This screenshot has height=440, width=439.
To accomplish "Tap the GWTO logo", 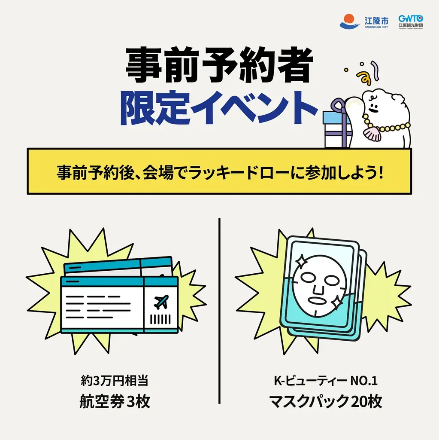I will [x=410, y=21].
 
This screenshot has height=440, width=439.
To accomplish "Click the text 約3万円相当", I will [x=115, y=381].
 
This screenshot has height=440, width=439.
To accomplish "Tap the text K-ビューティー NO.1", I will [x=325, y=381].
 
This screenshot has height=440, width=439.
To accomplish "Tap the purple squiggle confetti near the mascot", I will [x=375, y=69].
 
